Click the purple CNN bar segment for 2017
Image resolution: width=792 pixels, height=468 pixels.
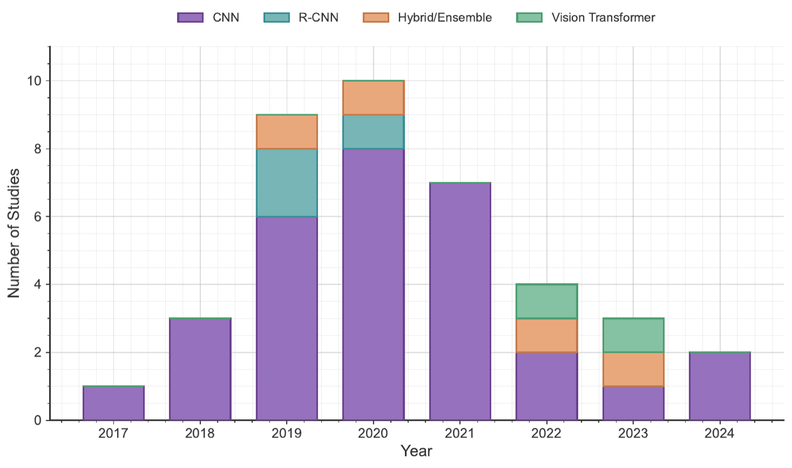pos(113,403)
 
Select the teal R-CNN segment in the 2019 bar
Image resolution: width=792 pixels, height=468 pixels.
pos(287,183)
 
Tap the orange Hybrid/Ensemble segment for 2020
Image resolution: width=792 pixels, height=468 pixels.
pos(373,98)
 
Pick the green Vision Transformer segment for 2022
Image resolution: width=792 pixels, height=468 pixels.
pos(547,302)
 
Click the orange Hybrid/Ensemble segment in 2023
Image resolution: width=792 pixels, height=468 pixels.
pos(634,369)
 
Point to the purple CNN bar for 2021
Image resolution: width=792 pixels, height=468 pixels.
pos(460,302)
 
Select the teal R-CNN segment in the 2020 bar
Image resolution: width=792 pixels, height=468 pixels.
pos(373,132)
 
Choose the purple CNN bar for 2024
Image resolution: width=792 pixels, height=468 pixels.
pos(720,386)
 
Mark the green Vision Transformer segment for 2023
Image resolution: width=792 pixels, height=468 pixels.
pos(634,335)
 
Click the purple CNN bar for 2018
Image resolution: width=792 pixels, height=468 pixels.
pos(200,369)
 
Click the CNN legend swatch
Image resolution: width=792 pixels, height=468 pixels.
pos(190,18)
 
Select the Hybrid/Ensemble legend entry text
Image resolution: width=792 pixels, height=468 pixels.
pos(444,18)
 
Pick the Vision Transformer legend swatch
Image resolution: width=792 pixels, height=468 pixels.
pos(530,18)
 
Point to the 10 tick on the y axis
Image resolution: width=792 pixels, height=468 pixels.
pos(35,81)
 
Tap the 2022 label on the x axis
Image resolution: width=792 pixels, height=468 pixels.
pos(547,434)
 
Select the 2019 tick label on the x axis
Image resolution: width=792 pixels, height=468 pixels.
pos(287,434)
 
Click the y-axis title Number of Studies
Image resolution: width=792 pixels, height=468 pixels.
pos(15,233)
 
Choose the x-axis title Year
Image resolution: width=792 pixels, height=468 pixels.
pos(416,452)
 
